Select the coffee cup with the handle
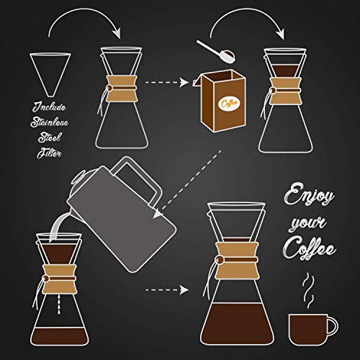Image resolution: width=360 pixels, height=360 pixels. click(x=310, y=328)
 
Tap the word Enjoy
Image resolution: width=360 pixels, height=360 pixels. click(x=305, y=197)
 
